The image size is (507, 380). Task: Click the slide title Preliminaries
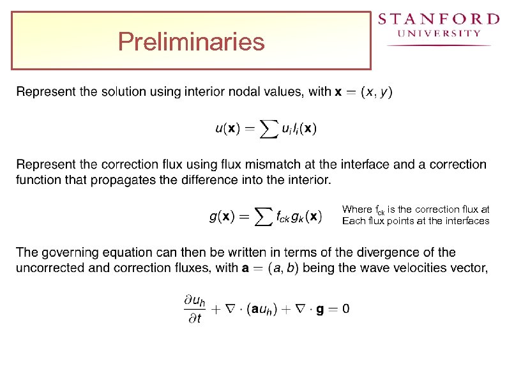point(191,42)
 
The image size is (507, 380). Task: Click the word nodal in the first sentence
point(243,91)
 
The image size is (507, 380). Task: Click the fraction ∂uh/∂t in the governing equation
point(191,309)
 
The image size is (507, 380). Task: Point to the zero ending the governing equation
point(345,309)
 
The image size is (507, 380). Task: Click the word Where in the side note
point(356,209)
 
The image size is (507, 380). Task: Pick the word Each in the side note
point(352,221)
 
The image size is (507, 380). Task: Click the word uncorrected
point(50,268)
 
